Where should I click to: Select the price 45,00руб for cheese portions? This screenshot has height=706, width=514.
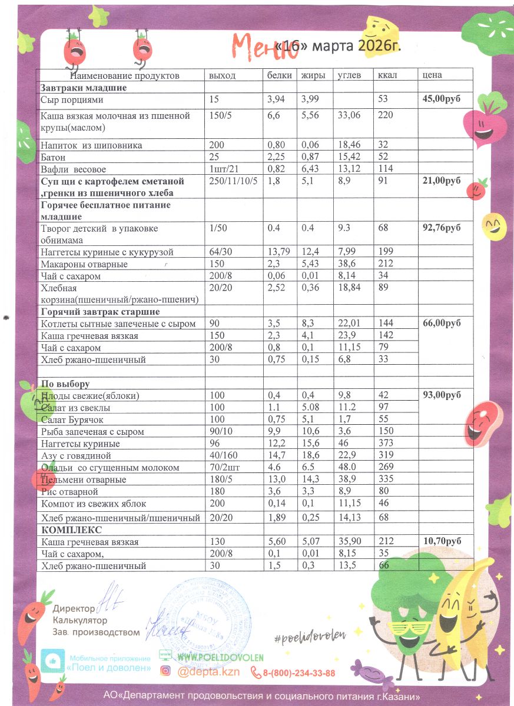[442, 99]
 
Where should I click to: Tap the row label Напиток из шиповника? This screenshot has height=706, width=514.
[91, 145]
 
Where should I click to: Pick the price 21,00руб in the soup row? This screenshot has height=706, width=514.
[442, 181]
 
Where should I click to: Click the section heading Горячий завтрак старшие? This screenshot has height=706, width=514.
[100, 311]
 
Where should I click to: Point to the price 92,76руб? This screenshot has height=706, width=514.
[442, 228]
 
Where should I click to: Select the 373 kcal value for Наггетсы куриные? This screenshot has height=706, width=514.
[386, 444]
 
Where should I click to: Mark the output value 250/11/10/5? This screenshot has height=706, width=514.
[233, 181]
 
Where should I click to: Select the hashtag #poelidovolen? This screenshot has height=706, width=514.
[309, 635]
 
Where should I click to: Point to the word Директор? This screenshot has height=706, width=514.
[74, 608]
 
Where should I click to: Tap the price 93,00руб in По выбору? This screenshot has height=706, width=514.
[442, 395]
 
